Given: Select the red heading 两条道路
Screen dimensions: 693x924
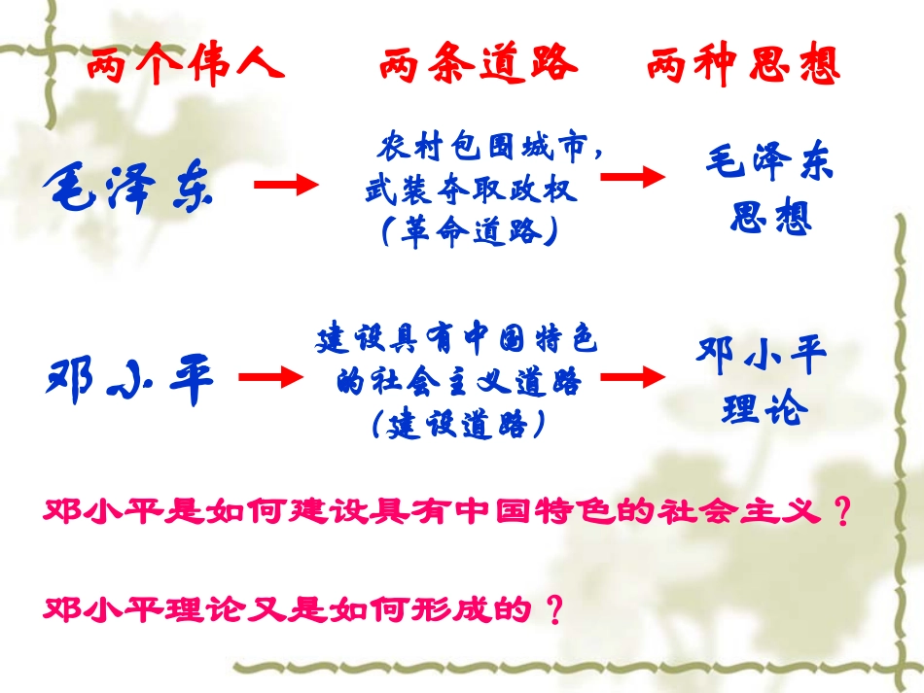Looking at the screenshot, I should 478,65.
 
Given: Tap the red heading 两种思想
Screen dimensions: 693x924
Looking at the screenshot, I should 743,65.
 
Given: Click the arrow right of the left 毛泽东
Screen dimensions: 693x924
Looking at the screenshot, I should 287,186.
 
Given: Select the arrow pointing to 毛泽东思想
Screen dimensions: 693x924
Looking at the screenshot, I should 633,176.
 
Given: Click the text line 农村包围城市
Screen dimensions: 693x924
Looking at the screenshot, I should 482,149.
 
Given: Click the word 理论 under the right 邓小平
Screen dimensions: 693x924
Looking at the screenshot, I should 764,408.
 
